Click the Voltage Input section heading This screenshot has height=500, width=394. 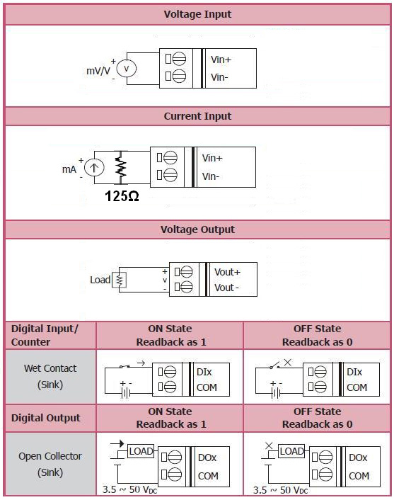[x=197, y=14]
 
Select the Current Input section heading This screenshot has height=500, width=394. [x=197, y=116]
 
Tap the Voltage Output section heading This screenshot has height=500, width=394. [x=197, y=229]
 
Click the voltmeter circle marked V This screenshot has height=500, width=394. [x=127, y=69]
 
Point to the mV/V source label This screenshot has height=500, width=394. [x=98, y=71]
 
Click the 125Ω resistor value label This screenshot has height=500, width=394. [x=122, y=196]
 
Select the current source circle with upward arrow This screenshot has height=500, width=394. [x=94, y=168]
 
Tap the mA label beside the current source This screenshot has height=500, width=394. [x=69, y=169]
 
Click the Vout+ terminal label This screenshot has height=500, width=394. [x=227, y=272]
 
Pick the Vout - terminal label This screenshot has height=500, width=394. [x=226, y=288]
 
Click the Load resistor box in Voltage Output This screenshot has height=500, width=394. [x=119, y=280]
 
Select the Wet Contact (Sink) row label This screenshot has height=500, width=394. [x=50, y=377]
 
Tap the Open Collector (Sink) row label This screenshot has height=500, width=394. [x=50, y=464]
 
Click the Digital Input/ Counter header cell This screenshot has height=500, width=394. [x=45, y=335]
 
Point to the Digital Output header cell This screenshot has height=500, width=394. [x=46, y=418]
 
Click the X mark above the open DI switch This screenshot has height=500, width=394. [x=287, y=362]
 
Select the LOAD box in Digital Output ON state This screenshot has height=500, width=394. [x=141, y=451]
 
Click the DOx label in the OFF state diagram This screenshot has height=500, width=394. [x=358, y=458]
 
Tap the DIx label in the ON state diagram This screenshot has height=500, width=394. [x=204, y=372]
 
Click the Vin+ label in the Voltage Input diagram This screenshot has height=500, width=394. [x=221, y=59]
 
